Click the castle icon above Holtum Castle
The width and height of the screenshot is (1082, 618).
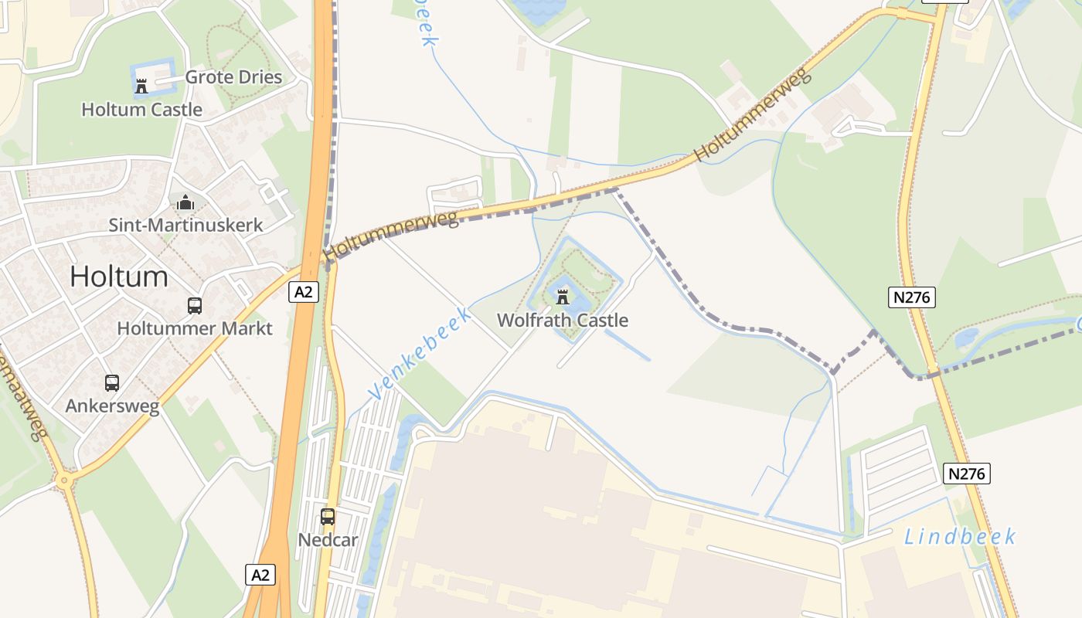[141, 86]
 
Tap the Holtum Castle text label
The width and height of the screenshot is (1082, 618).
[141, 110]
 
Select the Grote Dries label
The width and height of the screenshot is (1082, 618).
[233, 77]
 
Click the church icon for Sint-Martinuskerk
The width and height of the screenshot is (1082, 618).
[185, 203]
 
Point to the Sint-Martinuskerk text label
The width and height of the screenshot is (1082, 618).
[185, 226]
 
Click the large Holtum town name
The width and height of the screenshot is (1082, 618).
[119, 277]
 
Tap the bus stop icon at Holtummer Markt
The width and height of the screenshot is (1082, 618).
[194, 306]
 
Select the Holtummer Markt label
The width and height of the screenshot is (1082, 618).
[195, 328]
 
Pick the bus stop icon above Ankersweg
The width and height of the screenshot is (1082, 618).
[112, 382]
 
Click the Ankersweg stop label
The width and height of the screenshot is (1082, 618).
[112, 406]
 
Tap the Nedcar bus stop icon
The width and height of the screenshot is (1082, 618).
[328, 517]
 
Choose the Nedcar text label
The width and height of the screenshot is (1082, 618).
[328, 539]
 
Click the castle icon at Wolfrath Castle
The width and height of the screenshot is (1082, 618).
[563, 297]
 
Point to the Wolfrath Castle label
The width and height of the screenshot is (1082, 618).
[563, 320]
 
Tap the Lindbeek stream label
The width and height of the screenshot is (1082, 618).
[959, 537]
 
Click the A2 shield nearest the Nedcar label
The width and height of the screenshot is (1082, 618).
[261, 575]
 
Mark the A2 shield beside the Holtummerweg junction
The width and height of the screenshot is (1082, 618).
[305, 292]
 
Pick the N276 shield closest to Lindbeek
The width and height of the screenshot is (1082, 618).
[967, 474]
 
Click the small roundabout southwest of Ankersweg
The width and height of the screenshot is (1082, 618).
[63, 480]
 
